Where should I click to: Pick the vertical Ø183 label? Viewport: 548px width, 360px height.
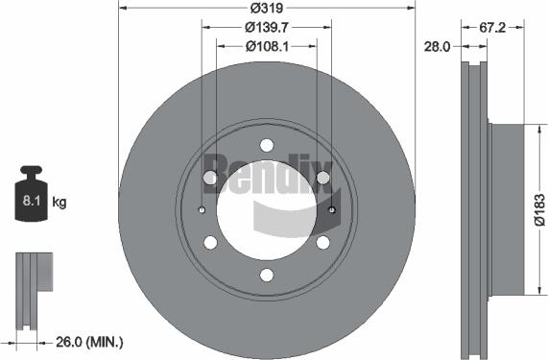click(538, 210)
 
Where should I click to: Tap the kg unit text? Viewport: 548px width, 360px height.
click(60, 203)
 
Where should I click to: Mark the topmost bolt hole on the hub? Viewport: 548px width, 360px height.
click(266, 145)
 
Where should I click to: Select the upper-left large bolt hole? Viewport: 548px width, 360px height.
click(209, 178)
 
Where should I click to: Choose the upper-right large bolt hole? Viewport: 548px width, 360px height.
click(323, 178)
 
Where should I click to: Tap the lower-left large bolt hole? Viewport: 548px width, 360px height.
click(209, 243)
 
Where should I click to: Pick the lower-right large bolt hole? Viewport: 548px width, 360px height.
click(323, 243)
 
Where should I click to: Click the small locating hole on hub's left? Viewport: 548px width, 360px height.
click(202, 210)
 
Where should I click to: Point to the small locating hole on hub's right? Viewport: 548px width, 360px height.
click(332, 210)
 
